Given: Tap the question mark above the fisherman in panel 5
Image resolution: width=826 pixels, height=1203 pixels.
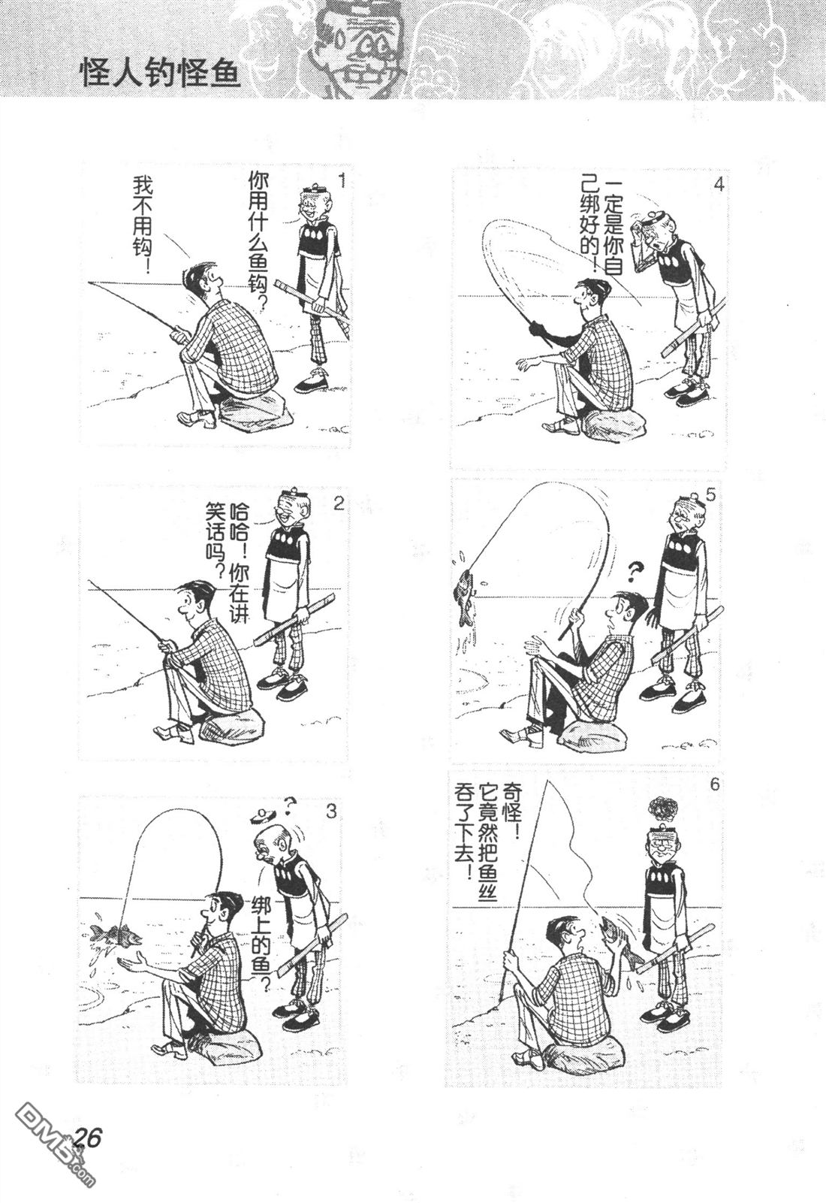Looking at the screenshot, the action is point(635,571).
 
